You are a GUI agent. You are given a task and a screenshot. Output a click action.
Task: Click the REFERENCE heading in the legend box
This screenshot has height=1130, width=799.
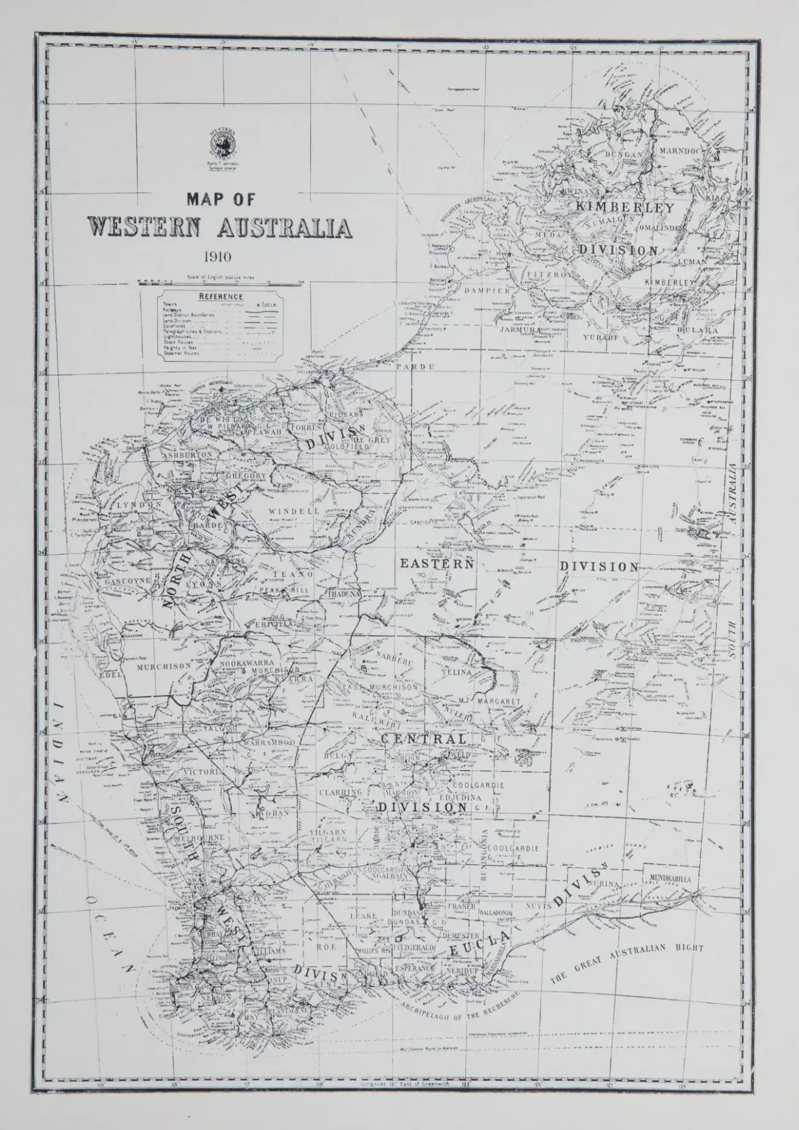pyautogui.click(x=221, y=297)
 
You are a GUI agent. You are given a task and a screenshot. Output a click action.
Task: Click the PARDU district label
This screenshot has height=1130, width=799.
pyautogui.click(x=407, y=367)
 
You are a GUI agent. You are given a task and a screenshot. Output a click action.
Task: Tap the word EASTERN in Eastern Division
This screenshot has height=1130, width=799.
pyautogui.click(x=435, y=563)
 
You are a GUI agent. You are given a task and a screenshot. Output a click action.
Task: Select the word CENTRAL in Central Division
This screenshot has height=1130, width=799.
pyautogui.click(x=424, y=740)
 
